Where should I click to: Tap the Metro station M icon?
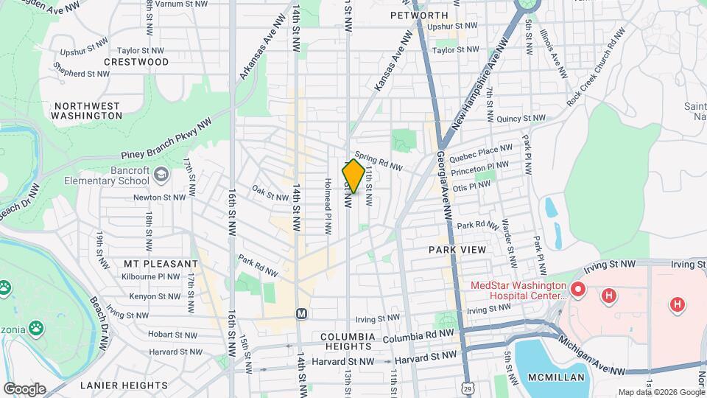300,314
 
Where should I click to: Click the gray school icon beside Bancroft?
162,174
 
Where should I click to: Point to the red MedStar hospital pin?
577,292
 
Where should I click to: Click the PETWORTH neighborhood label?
419,15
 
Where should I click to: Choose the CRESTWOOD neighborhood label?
136,62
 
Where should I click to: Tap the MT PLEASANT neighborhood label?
161,263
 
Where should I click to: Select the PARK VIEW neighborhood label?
457,250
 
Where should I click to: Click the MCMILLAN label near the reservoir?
557,377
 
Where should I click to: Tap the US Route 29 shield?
469,388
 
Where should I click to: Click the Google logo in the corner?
24,388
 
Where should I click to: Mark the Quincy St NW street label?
521,118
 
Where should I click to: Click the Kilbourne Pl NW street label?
152,277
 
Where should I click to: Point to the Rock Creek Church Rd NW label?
595,66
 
